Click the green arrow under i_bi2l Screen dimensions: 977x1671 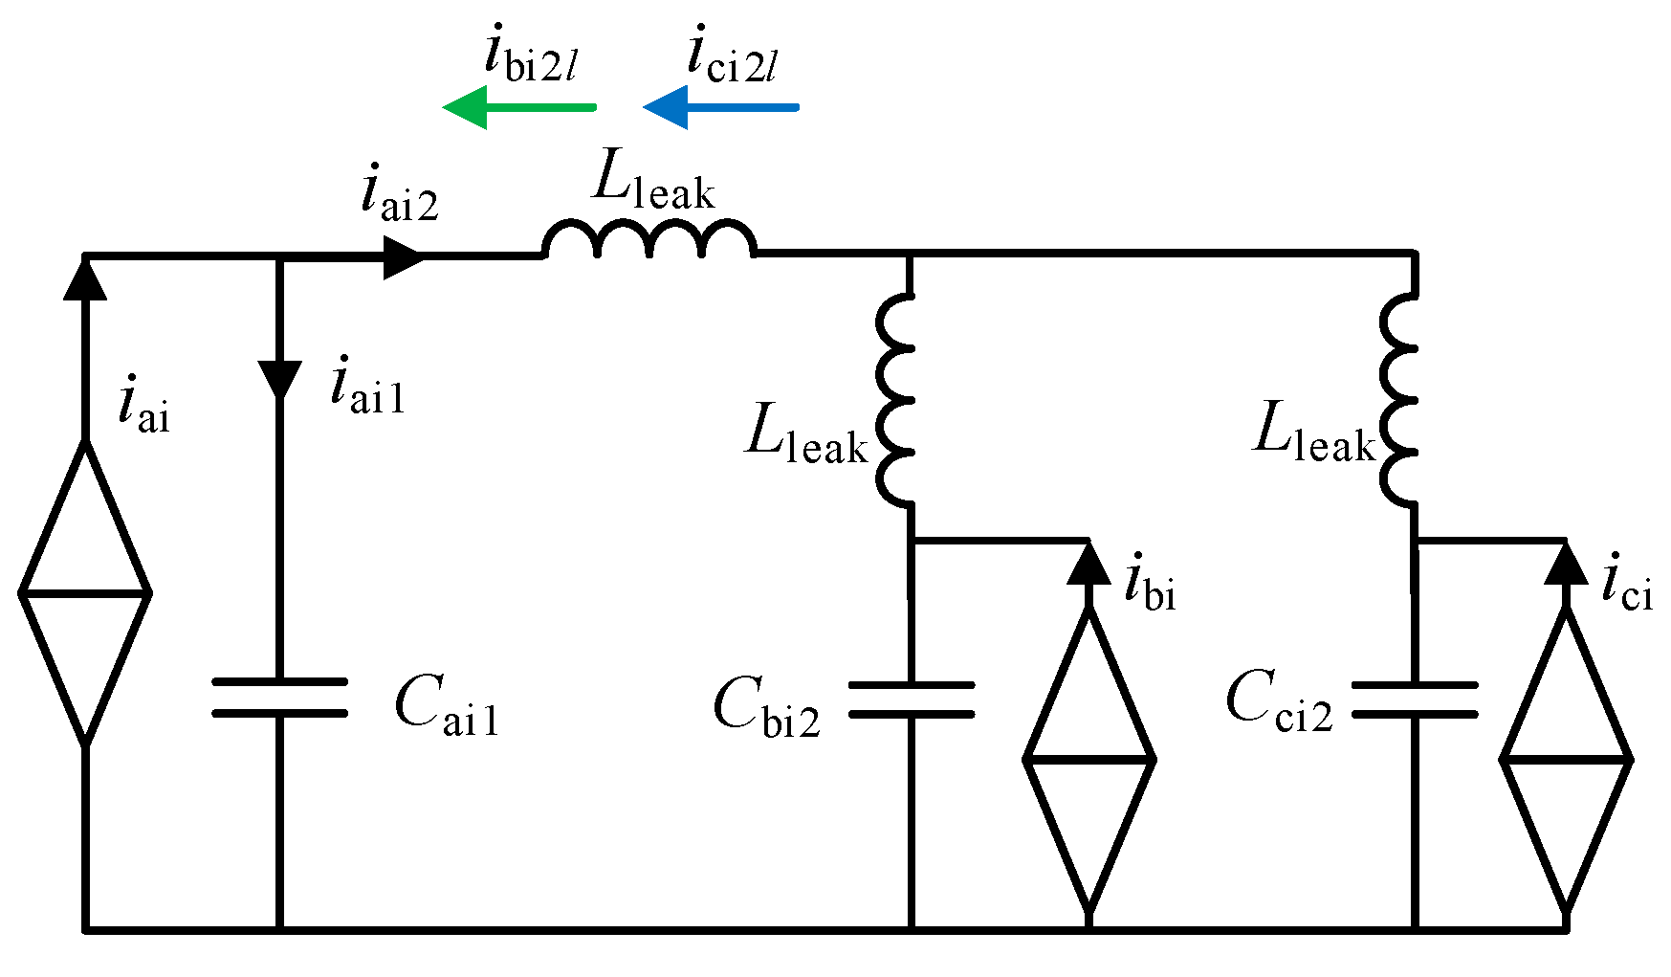click(x=519, y=106)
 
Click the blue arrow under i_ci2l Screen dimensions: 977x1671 click(x=720, y=106)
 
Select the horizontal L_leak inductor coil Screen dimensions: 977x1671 click(x=649, y=240)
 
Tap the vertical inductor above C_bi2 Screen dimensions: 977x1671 click(x=897, y=399)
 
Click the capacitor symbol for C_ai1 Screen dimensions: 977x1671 click(x=279, y=698)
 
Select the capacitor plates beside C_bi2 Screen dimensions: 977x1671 click(x=911, y=699)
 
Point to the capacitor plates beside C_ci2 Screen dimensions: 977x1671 click(x=1415, y=699)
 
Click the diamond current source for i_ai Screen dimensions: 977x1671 click(x=85, y=593)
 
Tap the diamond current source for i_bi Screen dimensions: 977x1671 click(x=1088, y=758)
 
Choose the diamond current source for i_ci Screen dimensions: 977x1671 click(x=1566, y=758)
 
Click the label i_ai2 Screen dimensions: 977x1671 click(x=400, y=194)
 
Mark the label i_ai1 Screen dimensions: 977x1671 click(x=367, y=386)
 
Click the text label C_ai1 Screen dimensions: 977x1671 click(x=446, y=706)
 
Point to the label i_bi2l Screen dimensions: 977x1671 click(x=531, y=56)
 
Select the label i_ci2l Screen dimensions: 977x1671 click(x=732, y=56)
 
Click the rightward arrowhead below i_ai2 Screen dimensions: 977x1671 click(x=403, y=255)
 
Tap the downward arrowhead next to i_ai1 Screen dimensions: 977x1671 click(x=280, y=379)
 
